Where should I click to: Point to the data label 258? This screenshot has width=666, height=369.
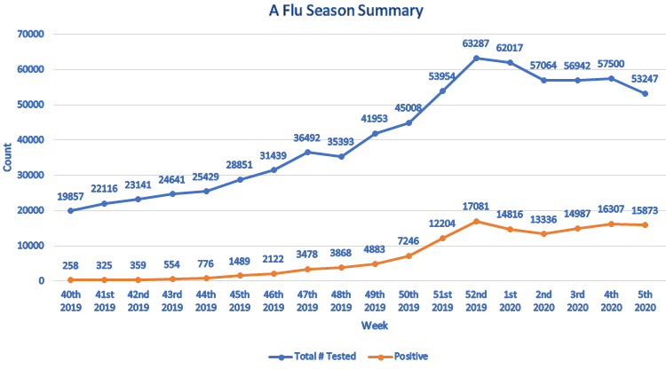tap(70, 265)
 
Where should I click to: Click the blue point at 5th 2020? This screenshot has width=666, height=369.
tap(646, 93)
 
